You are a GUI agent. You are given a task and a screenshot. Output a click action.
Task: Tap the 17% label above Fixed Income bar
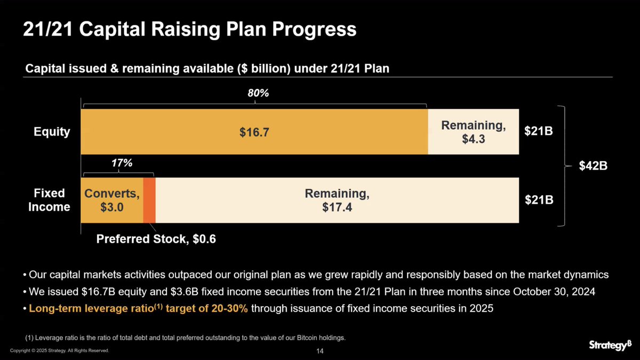(x=122, y=163)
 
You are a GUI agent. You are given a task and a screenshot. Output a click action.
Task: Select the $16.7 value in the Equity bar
(x=254, y=132)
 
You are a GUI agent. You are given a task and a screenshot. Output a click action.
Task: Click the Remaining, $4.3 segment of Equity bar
(x=473, y=132)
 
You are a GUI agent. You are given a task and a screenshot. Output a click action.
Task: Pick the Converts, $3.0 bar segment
(x=111, y=200)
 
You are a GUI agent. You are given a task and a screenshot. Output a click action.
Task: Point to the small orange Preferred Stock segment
(x=149, y=200)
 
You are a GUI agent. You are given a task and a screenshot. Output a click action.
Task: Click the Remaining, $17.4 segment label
(x=337, y=200)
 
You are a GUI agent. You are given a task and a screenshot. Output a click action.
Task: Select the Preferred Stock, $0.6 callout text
(x=156, y=239)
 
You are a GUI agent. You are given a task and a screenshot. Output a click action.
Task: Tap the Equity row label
(x=52, y=132)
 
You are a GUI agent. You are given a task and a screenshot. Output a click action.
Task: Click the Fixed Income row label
(x=49, y=200)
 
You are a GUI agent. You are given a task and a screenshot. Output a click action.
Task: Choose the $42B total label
(x=593, y=166)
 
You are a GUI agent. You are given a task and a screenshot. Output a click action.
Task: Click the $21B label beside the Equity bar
(x=538, y=132)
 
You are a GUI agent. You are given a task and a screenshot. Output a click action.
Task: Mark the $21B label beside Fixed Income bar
(x=538, y=200)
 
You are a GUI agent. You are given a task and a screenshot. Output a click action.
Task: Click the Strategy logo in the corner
(x=610, y=345)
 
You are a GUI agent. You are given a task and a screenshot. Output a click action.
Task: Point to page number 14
(x=320, y=351)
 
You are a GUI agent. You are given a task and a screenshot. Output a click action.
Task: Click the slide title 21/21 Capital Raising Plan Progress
(x=189, y=29)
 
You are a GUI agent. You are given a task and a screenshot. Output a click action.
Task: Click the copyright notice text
(x=60, y=350)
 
